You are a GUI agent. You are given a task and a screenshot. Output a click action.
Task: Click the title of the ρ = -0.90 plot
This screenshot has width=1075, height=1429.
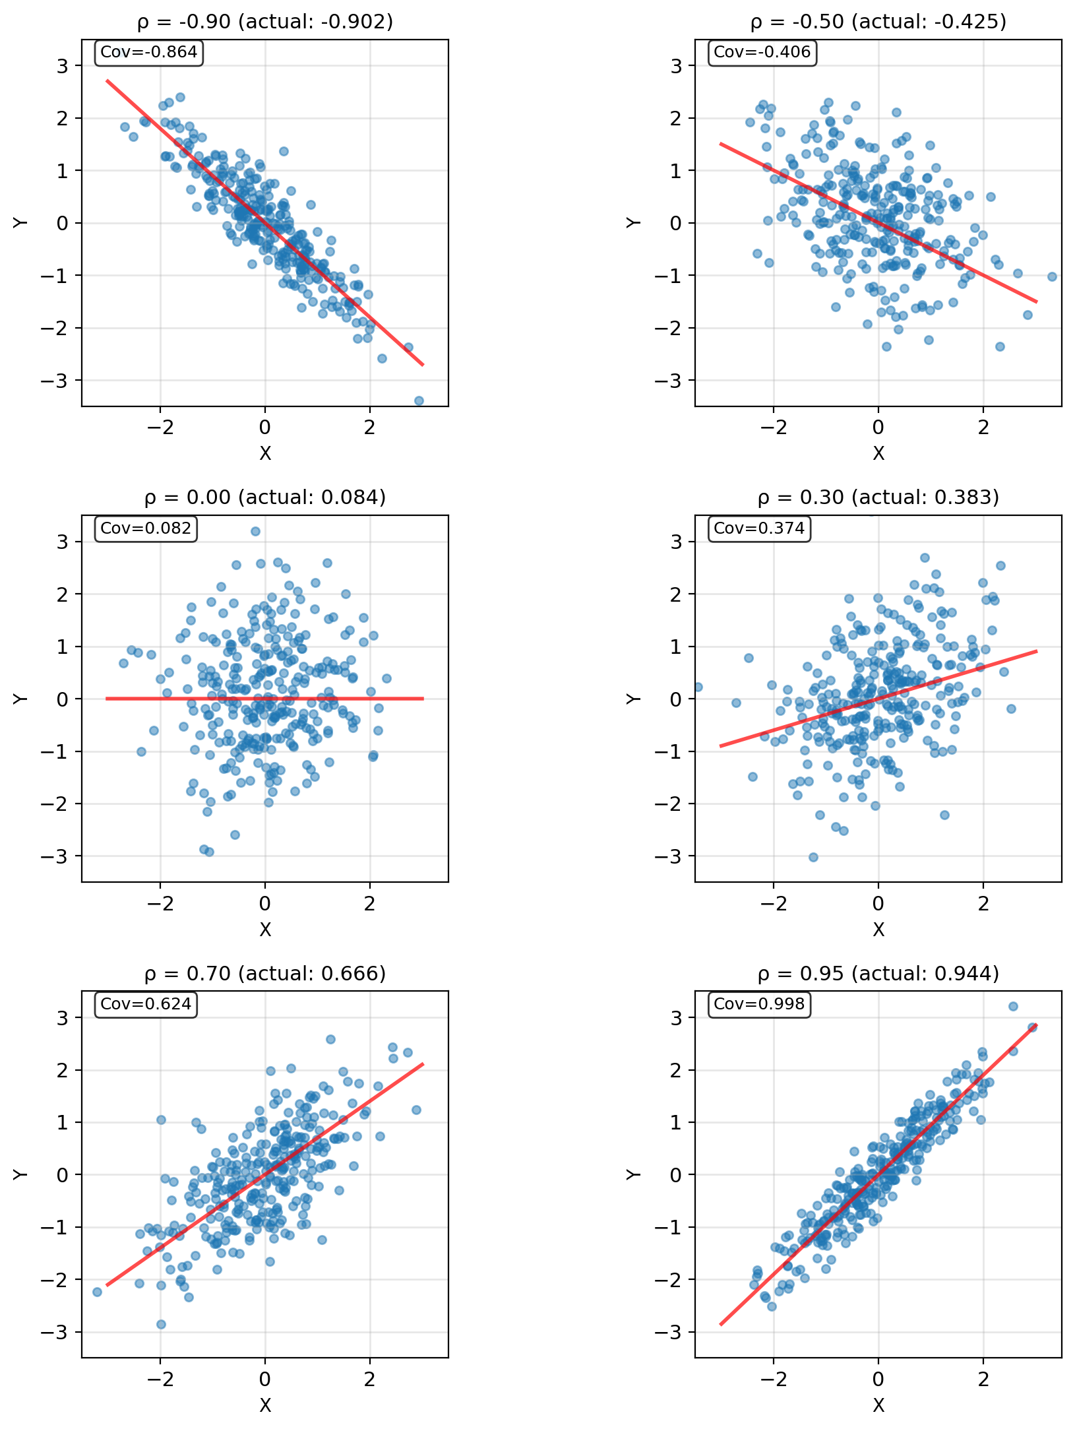coord(265,22)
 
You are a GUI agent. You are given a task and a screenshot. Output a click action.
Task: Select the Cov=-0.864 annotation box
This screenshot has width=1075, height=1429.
coord(149,53)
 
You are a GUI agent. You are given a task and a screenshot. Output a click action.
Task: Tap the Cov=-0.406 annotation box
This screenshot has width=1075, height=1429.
coord(762,53)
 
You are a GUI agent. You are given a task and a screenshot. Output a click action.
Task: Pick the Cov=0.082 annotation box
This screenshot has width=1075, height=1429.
coord(146,528)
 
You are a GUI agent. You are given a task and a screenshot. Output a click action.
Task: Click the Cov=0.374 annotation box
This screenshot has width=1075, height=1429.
coord(759,528)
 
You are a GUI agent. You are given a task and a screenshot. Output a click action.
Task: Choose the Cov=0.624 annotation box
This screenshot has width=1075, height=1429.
coord(146,1004)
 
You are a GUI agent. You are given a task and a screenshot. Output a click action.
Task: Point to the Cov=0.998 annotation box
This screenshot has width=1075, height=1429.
coord(759,1004)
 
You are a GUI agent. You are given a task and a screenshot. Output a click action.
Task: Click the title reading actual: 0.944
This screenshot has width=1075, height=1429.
coord(878,973)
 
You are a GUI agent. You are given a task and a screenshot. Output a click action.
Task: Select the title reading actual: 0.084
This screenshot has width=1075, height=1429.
coord(265,497)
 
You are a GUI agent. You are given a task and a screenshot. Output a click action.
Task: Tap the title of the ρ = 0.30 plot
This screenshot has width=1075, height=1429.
coord(878,497)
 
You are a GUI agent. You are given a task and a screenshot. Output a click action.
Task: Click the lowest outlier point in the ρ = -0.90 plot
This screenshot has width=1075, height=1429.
coord(419,400)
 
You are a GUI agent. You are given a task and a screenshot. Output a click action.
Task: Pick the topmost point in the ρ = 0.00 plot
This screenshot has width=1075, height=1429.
coord(255,531)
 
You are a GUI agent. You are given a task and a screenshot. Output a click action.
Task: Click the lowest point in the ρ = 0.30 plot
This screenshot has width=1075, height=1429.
coord(813,857)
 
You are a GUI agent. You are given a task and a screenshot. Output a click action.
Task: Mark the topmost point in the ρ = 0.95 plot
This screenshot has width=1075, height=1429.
coord(1013,1006)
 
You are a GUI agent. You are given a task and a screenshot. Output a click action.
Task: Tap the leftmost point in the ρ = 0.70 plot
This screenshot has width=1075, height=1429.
coord(97,1292)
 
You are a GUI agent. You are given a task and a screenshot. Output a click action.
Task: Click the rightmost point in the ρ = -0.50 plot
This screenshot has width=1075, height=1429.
coord(1052,276)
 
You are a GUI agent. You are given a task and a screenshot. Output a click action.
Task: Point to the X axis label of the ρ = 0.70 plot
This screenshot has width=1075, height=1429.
coord(265,1405)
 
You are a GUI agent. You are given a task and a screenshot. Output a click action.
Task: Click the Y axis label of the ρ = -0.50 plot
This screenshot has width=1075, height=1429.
coord(634,223)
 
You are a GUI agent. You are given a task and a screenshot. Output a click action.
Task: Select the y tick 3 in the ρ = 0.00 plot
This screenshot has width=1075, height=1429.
coord(62,542)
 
